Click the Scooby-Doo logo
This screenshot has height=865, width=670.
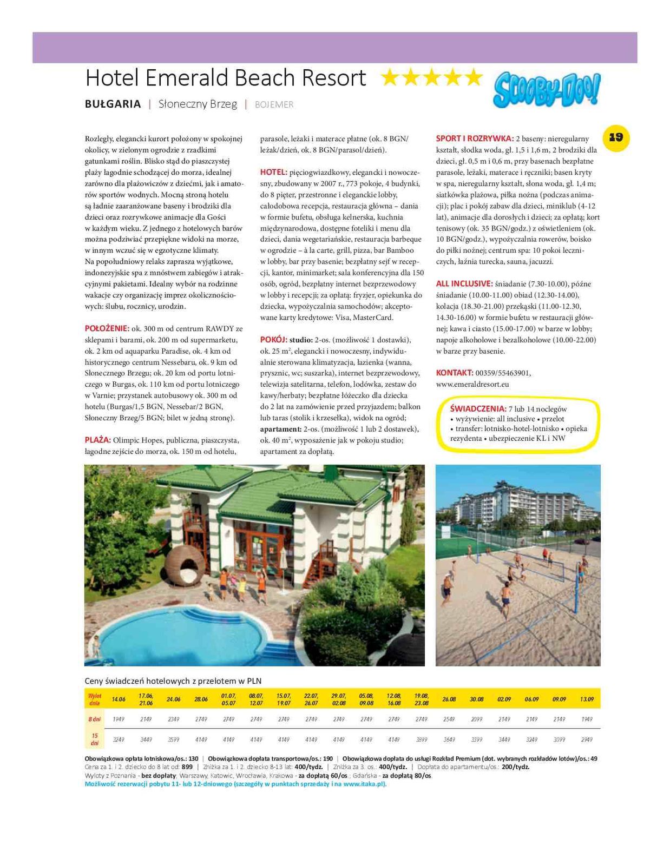click(x=547, y=89)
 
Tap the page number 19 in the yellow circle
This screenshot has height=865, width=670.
click(x=616, y=137)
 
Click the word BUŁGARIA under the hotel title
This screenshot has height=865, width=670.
click(x=113, y=104)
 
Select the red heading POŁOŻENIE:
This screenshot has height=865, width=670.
click(x=107, y=328)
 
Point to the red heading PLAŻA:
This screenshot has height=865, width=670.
click(x=97, y=440)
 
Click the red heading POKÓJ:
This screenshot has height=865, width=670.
click(x=273, y=340)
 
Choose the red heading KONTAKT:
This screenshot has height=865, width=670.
click(x=455, y=373)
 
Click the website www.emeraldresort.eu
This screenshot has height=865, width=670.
click(x=472, y=384)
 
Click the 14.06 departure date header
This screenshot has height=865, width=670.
click(x=119, y=699)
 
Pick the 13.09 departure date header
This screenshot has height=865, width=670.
click(x=587, y=699)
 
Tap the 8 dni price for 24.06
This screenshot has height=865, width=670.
click(x=173, y=719)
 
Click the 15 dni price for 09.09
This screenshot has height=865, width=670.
click(x=559, y=739)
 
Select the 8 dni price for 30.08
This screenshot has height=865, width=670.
click(x=477, y=719)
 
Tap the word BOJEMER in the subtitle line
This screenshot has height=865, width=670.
click(x=274, y=104)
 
